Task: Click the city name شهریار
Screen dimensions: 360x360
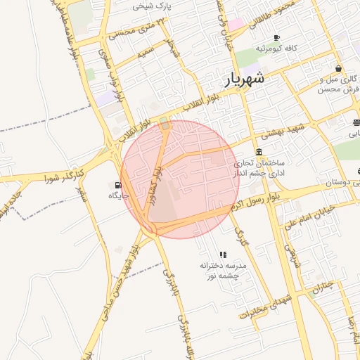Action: click(245, 79)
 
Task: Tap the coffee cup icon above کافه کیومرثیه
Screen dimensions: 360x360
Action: click(276, 37)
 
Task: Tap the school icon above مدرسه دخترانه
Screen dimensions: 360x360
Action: click(223, 255)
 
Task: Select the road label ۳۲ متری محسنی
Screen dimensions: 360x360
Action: click(134, 31)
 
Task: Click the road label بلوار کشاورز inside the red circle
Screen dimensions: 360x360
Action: click(155, 185)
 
